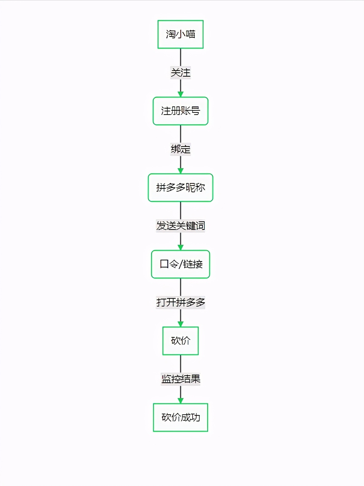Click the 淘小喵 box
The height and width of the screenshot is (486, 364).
[x=180, y=34]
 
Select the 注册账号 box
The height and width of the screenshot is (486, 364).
[x=180, y=111]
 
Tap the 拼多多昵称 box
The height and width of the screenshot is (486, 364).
[x=180, y=188]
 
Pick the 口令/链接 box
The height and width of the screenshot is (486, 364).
[x=180, y=264]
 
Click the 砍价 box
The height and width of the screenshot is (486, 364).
[x=180, y=341]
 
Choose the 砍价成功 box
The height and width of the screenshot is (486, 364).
[x=180, y=418]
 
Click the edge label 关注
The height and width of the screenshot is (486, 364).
[x=180, y=73]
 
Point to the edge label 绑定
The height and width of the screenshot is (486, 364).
[x=180, y=149]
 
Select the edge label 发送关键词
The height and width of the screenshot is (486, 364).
[x=180, y=226]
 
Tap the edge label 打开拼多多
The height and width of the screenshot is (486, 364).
[x=180, y=303]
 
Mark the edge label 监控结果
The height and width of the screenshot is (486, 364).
[x=180, y=379]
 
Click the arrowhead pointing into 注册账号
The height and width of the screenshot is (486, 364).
[x=180, y=94]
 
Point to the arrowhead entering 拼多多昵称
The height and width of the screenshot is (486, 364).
[x=180, y=171]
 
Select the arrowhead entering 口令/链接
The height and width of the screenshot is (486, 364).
[x=180, y=248]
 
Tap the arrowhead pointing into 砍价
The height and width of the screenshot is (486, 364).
[x=180, y=324]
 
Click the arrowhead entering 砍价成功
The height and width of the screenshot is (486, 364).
[x=180, y=401]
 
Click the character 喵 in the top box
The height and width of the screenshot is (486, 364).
[x=191, y=34]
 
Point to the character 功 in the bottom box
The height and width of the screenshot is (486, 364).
[x=195, y=418]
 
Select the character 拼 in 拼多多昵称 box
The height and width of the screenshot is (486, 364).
[x=161, y=188]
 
